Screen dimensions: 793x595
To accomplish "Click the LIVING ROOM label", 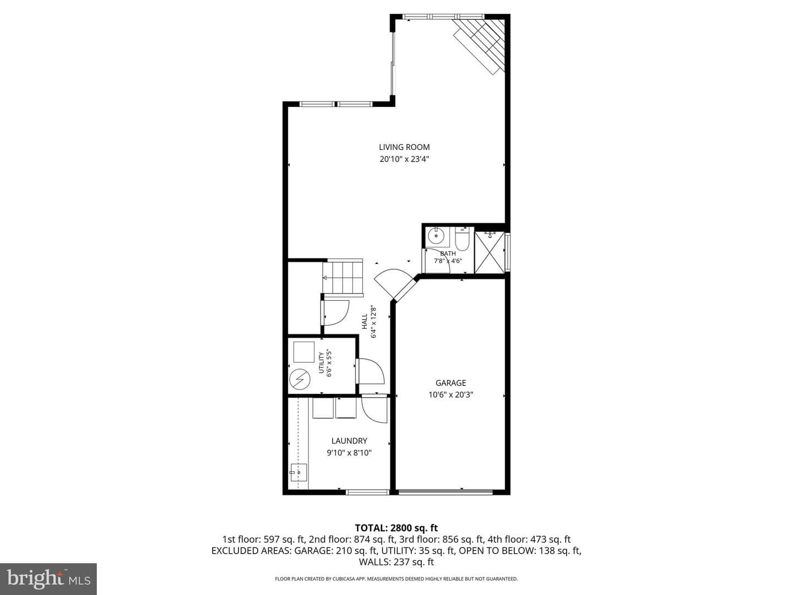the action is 404,147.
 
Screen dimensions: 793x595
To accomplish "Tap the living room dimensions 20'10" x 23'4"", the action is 404,159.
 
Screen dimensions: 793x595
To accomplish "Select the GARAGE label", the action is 450,382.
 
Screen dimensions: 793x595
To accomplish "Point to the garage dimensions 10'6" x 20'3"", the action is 450,394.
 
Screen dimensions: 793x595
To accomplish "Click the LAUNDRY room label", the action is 349,441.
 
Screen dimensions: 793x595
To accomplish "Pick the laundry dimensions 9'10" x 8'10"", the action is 349,453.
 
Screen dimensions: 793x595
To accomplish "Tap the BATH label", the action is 448,253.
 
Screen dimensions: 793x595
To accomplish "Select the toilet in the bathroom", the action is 461,239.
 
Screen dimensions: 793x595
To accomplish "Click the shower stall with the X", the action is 489,252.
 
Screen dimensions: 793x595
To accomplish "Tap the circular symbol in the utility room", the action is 300,380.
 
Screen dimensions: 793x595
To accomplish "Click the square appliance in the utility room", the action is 303,351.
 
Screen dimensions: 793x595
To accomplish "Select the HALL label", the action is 365,322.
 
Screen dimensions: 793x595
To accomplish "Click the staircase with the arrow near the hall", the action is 343,278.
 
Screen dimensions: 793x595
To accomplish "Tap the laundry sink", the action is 298,473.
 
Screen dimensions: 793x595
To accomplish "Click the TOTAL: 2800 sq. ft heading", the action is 396,528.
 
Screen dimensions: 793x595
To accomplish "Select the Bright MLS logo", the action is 48,578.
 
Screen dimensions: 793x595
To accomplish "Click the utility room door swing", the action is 371,371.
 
